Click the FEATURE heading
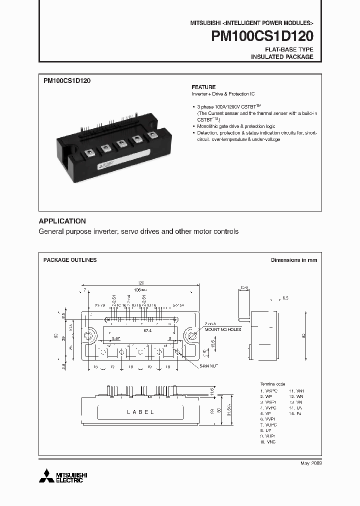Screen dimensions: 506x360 203,86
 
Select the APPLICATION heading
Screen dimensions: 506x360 62,221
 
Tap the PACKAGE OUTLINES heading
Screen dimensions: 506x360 70,260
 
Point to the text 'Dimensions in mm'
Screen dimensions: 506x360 293,260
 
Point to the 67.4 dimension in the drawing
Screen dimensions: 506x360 147,330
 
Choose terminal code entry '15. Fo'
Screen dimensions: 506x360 295,413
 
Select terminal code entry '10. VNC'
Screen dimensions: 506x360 267,442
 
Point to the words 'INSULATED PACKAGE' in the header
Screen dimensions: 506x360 282,57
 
